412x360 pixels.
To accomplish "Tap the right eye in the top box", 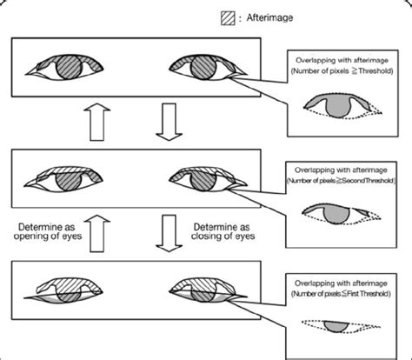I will coord(202,69).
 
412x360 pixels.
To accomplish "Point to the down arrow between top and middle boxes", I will coord(168,123).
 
